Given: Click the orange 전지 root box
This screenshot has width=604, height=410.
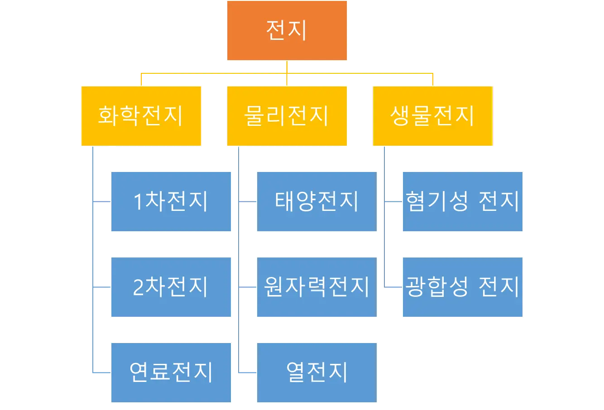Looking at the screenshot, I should pos(287,31).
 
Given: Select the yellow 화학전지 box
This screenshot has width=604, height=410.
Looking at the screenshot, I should pos(141,116).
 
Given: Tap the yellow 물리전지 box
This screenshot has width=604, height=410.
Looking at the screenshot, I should pos(287,116).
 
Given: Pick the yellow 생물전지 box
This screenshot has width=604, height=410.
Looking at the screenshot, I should pos(433,116).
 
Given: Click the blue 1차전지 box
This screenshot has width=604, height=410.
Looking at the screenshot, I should pos(171,202).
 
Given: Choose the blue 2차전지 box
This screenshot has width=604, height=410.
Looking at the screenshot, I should pos(171,287).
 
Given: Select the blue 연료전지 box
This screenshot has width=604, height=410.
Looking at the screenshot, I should pos(171,372).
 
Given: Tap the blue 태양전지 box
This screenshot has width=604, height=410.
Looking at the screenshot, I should pos(316,202).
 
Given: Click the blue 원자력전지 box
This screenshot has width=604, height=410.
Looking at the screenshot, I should pos(316,287).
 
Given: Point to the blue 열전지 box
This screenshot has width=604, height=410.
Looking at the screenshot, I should pos(316,372).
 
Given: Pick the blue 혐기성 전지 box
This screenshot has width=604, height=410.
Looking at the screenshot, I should pos(463,202).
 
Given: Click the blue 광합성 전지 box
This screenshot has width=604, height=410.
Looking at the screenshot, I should pos(463,287).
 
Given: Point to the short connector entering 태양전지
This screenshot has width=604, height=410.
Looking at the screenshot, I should pos(246,202).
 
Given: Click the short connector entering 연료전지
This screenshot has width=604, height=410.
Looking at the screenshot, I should pos(101,373).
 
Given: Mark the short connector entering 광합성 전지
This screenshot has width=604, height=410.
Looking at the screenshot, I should pos(393,287).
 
